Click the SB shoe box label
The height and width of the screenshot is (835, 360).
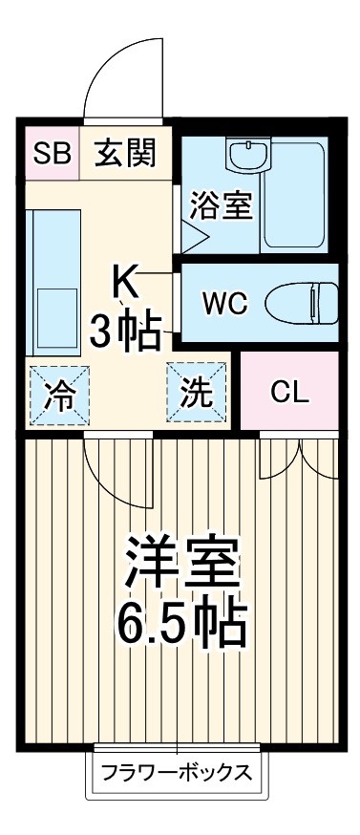pos(53,153)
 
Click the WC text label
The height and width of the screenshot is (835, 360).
pos(225,305)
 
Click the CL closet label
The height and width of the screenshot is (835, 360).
pos(288,392)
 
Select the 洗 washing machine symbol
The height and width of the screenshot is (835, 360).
pos(198,394)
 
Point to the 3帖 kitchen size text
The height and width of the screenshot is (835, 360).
pos(124,332)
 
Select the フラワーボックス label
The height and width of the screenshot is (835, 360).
pos(177,771)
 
